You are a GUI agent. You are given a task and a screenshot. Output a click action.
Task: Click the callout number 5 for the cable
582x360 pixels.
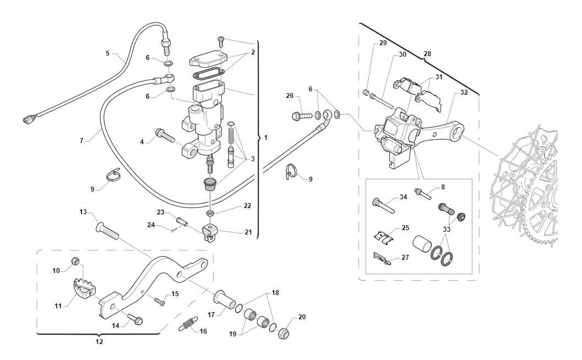click(107, 53)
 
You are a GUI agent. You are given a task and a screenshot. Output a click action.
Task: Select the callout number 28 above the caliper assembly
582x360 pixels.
click(427, 54)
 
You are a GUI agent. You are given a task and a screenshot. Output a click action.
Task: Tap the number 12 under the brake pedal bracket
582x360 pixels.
click(99, 341)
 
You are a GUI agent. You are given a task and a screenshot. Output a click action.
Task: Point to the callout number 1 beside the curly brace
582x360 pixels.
click(265, 138)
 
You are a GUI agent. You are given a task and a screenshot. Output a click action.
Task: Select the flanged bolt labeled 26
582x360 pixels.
click(303, 116)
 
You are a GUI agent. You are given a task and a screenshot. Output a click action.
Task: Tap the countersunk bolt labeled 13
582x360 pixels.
click(107, 230)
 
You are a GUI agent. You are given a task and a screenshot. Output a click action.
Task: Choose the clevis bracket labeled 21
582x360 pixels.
click(210, 233)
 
